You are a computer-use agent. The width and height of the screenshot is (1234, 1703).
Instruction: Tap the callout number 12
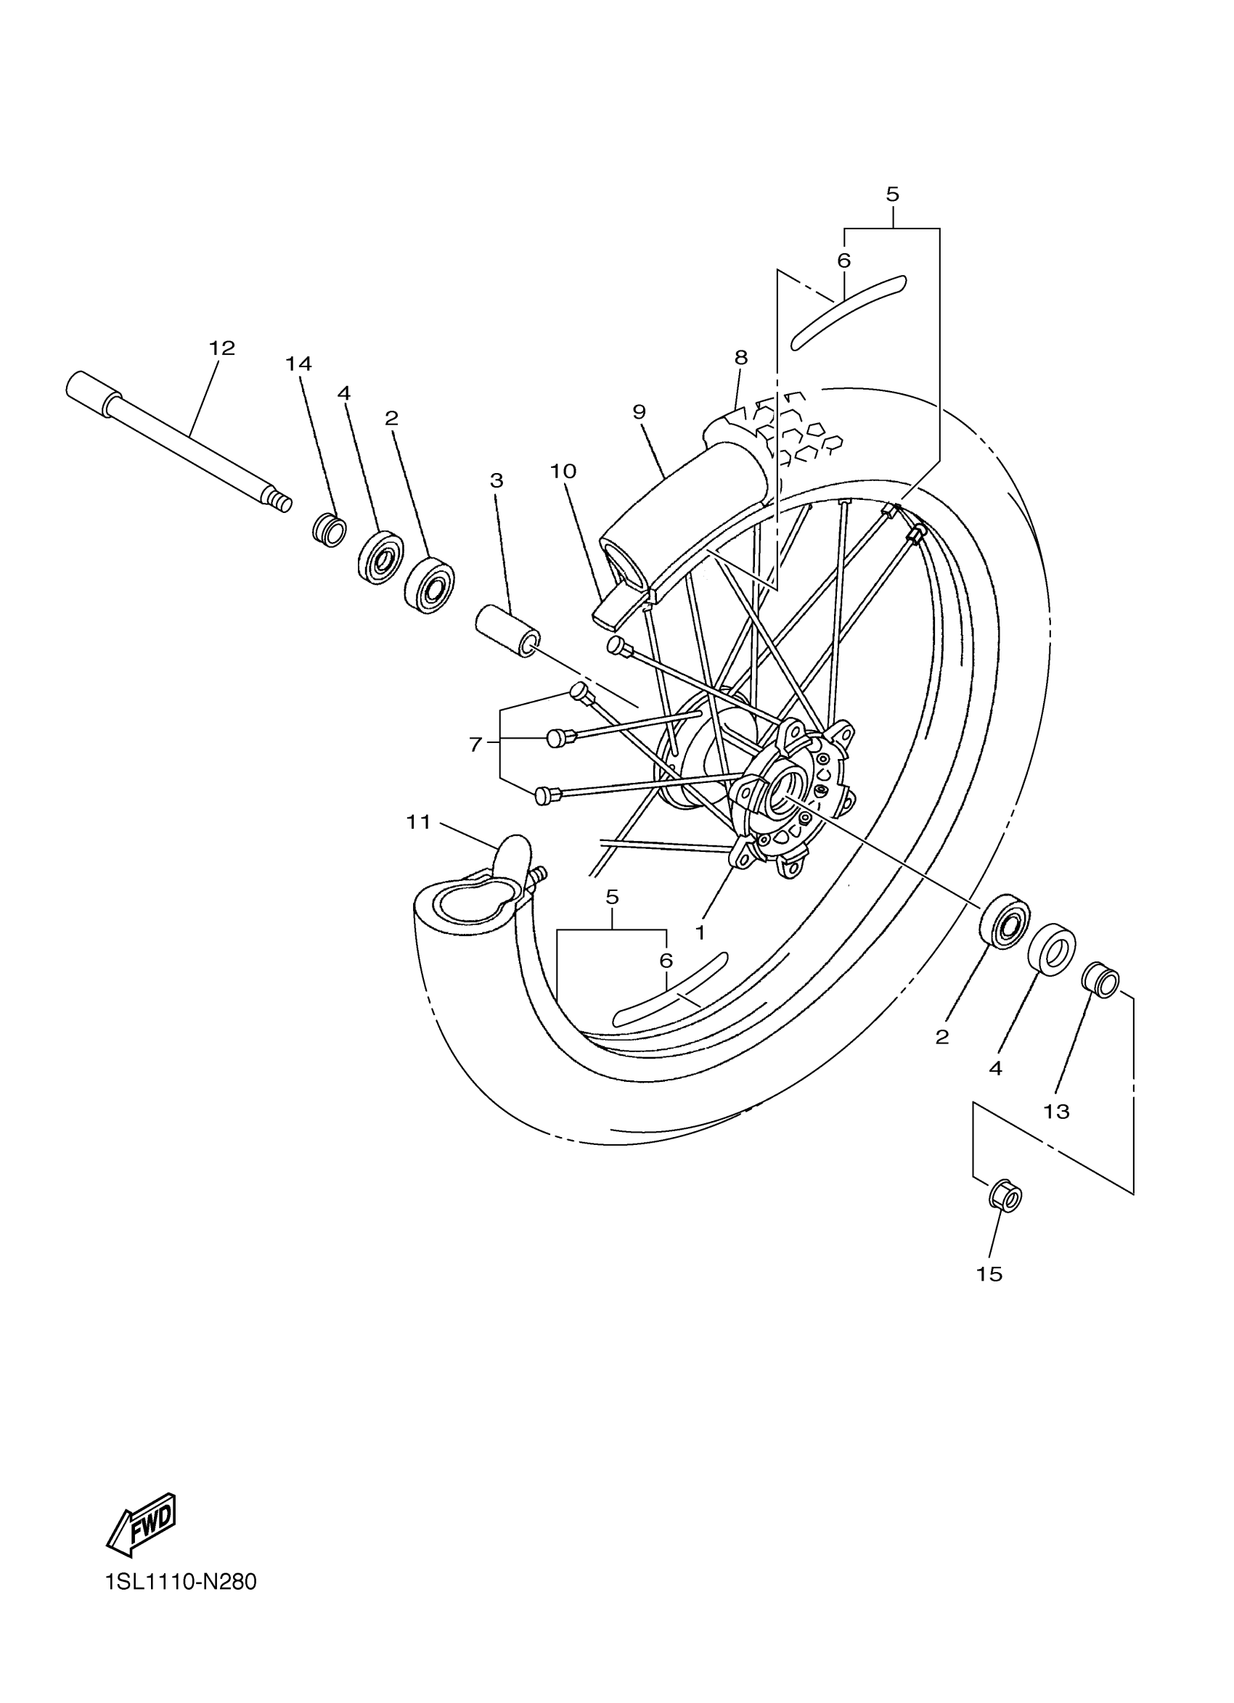[221, 348]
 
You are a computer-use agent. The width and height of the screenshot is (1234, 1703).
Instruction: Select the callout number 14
[298, 364]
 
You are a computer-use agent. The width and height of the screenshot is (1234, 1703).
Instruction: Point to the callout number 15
[989, 1274]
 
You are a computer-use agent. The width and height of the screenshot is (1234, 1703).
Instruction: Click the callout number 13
[1056, 1112]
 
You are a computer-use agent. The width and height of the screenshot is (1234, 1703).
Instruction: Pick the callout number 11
[418, 822]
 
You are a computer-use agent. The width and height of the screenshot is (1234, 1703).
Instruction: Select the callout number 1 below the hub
[700, 932]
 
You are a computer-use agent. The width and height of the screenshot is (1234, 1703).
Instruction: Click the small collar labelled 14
[330, 530]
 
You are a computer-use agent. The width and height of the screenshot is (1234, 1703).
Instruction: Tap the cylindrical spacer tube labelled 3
[507, 633]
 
